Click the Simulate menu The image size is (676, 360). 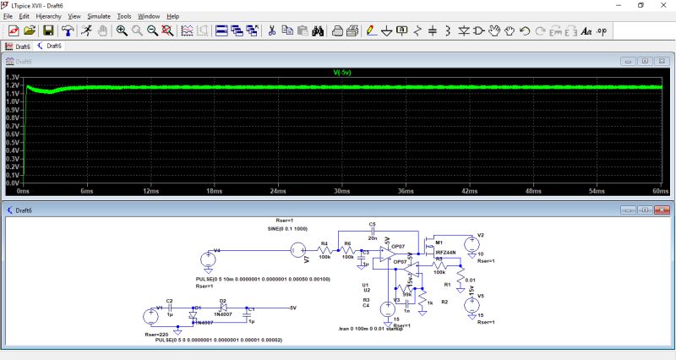[99, 16]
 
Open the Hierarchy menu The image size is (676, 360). [49, 16]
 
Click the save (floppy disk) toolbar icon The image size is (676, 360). [49, 30]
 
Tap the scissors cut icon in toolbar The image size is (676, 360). [272, 30]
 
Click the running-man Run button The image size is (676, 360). [86, 30]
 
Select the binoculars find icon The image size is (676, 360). [318, 30]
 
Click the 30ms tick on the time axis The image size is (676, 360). [341, 191]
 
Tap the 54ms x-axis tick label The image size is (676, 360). [597, 191]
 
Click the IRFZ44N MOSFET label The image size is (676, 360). [444, 252]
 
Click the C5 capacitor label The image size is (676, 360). [372, 223]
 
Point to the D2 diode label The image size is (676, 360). [223, 300]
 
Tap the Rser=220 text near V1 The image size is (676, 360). [157, 335]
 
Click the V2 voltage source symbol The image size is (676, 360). [471, 243]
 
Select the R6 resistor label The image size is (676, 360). [346, 244]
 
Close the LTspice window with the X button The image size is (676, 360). [664, 5]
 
